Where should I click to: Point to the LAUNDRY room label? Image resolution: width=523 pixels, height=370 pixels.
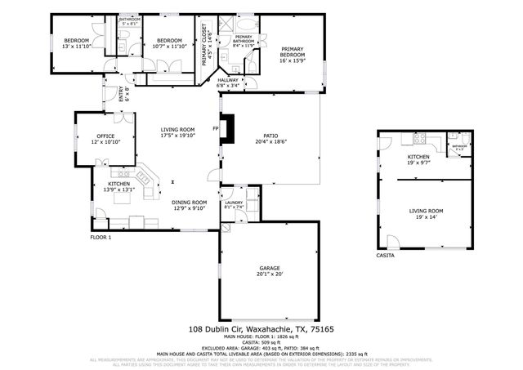coord(235,204)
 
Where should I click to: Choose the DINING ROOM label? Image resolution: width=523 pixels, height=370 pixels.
coord(188,205)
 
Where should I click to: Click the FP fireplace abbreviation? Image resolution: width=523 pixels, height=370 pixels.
coord(216,129)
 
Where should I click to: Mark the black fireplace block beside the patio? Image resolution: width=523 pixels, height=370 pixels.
coord(230,129)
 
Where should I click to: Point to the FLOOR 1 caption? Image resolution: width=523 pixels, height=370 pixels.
coord(101,238)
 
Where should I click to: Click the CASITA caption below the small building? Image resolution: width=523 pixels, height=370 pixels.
coord(385,256)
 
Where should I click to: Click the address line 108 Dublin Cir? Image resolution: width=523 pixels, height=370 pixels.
coord(261,328)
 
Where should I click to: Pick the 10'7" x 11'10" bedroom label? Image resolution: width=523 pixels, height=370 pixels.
coord(169,43)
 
